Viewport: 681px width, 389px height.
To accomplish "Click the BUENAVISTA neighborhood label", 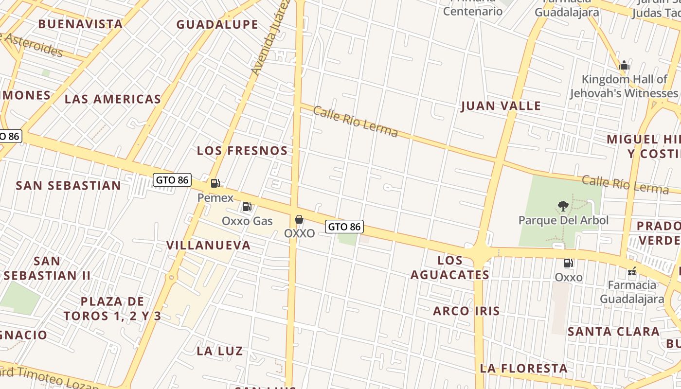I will tap(80, 24).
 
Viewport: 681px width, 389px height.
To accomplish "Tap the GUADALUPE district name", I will tap(217, 24).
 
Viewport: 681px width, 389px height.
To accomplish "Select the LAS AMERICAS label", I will tap(113, 99).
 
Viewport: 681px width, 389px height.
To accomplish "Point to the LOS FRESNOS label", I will tap(242, 151).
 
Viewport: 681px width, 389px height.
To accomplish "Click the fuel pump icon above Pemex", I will tap(215, 183).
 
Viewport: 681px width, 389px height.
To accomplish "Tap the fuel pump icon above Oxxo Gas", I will tap(247, 207).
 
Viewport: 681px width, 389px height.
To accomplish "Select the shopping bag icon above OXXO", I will tap(299, 220).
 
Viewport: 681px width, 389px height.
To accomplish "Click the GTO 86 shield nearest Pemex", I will tap(172, 180).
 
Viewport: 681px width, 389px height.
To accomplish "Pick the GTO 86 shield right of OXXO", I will tap(344, 227).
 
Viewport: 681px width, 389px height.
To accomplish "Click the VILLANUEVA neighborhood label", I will tap(209, 245).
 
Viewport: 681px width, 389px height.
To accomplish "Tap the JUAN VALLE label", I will tap(501, 106).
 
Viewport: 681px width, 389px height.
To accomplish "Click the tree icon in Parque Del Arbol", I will tap(563, 206).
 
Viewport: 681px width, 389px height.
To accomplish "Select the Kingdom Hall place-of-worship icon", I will tap(624, 66).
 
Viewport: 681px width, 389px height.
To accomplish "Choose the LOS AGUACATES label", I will tap(450, 267).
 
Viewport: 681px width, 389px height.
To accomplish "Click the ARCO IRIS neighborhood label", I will tap(466, 311).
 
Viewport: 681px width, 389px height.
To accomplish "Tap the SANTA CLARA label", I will tap(614, 332).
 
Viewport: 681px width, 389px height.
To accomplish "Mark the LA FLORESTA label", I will tap(523, 369).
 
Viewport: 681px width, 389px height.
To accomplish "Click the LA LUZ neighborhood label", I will tap(220, 351).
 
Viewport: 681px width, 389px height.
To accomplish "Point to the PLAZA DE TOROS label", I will tap(112, 309).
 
